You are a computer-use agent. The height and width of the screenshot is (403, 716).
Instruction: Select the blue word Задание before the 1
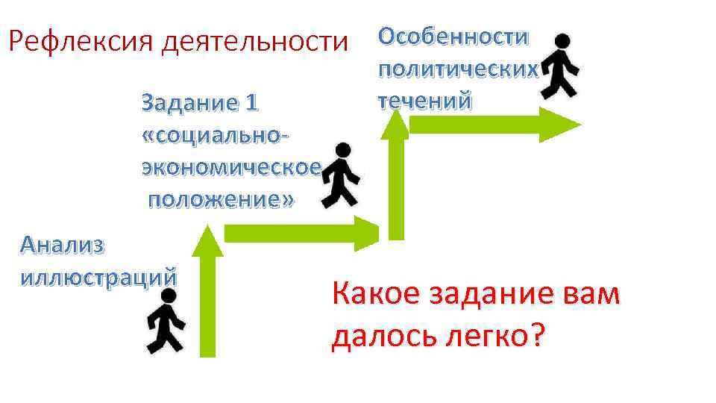tap(185, 103)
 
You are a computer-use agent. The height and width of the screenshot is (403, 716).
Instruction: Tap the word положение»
tap(221, 199)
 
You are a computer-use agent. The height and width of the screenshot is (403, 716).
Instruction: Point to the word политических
tap(457, 69)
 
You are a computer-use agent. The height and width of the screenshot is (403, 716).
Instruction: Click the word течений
tap(424, 100)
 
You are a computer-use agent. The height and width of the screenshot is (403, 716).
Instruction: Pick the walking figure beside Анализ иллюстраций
tap(166, 321)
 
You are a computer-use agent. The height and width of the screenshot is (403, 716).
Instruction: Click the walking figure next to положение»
tap(339, 175)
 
